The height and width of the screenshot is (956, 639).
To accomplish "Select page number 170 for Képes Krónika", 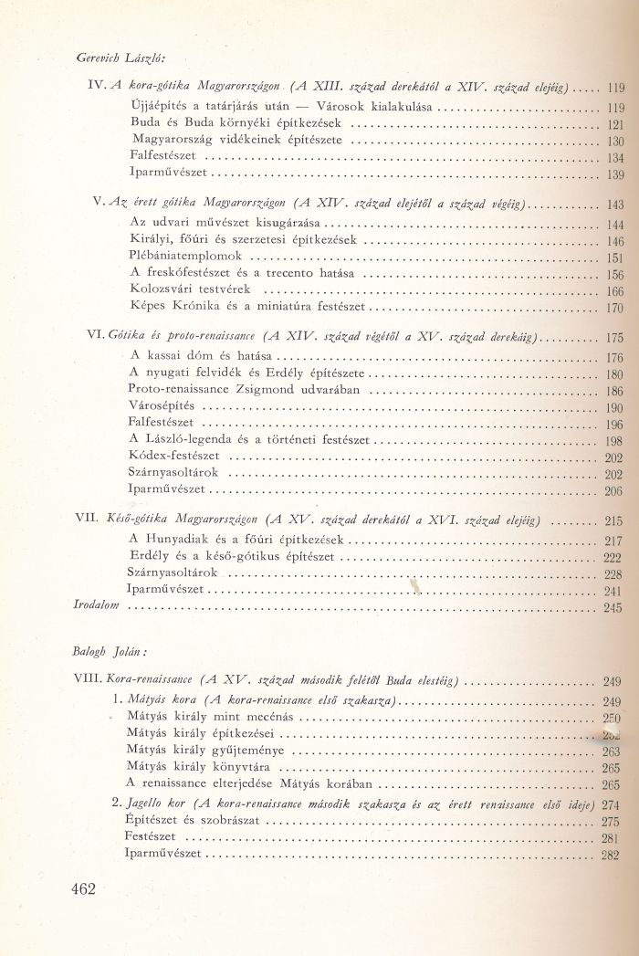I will pyautogui.click(x=613, y=309).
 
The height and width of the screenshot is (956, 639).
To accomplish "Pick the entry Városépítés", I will pyautogui.click(x=163, y=406).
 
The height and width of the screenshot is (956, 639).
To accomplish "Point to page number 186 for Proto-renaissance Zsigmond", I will pyautogui.click(x=613, y=390).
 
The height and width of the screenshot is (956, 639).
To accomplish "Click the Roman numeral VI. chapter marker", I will pyautogui.click(x=96, y=338).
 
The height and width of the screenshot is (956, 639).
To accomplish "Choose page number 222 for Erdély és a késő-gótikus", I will pyautogui.click(x=613, y=557).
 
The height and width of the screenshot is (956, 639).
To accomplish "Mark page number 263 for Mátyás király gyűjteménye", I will pyautogui.click(x=613, y=751).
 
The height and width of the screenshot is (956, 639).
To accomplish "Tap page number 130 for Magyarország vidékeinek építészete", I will pyautogui.click(x=613, y=142).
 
